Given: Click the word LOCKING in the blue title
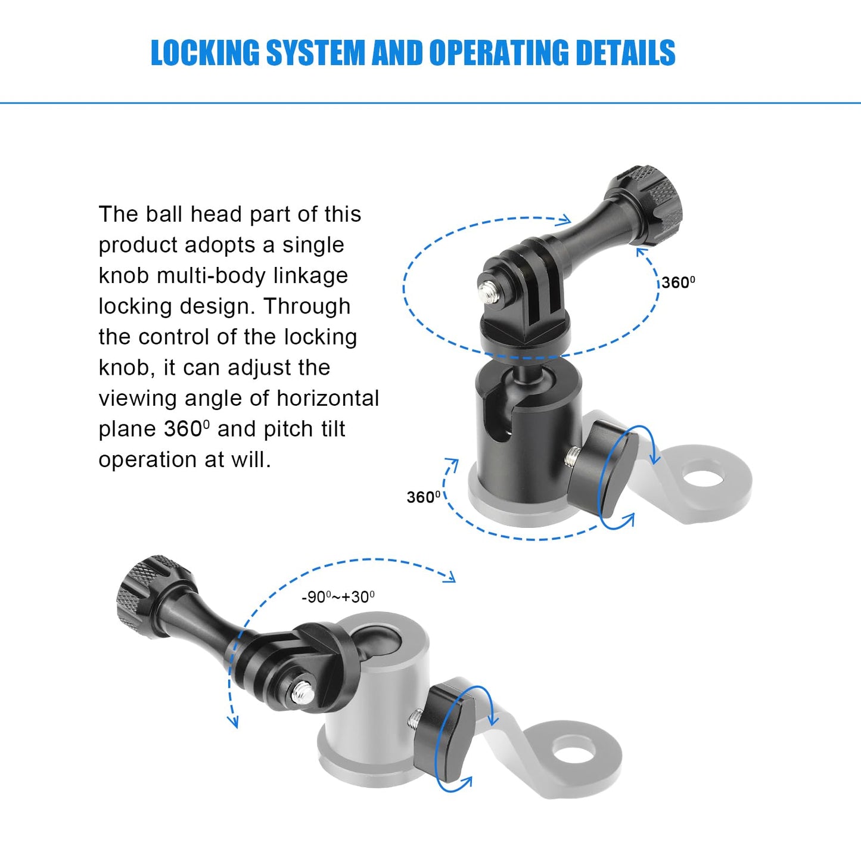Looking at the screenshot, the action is pyautogui.click(x=205, y=52).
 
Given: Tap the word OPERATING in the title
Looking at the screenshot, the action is pyautogui.click(x=499, y=52).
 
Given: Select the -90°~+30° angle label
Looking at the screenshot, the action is pyautogui.click(x=338, y=597).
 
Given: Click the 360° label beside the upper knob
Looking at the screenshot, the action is pyautogui.click(x=678, y=282).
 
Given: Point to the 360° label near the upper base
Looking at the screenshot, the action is pyautogui.click(x=424, y=497).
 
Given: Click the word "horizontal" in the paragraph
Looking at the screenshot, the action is pyautogui.click(x=328, y=398).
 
